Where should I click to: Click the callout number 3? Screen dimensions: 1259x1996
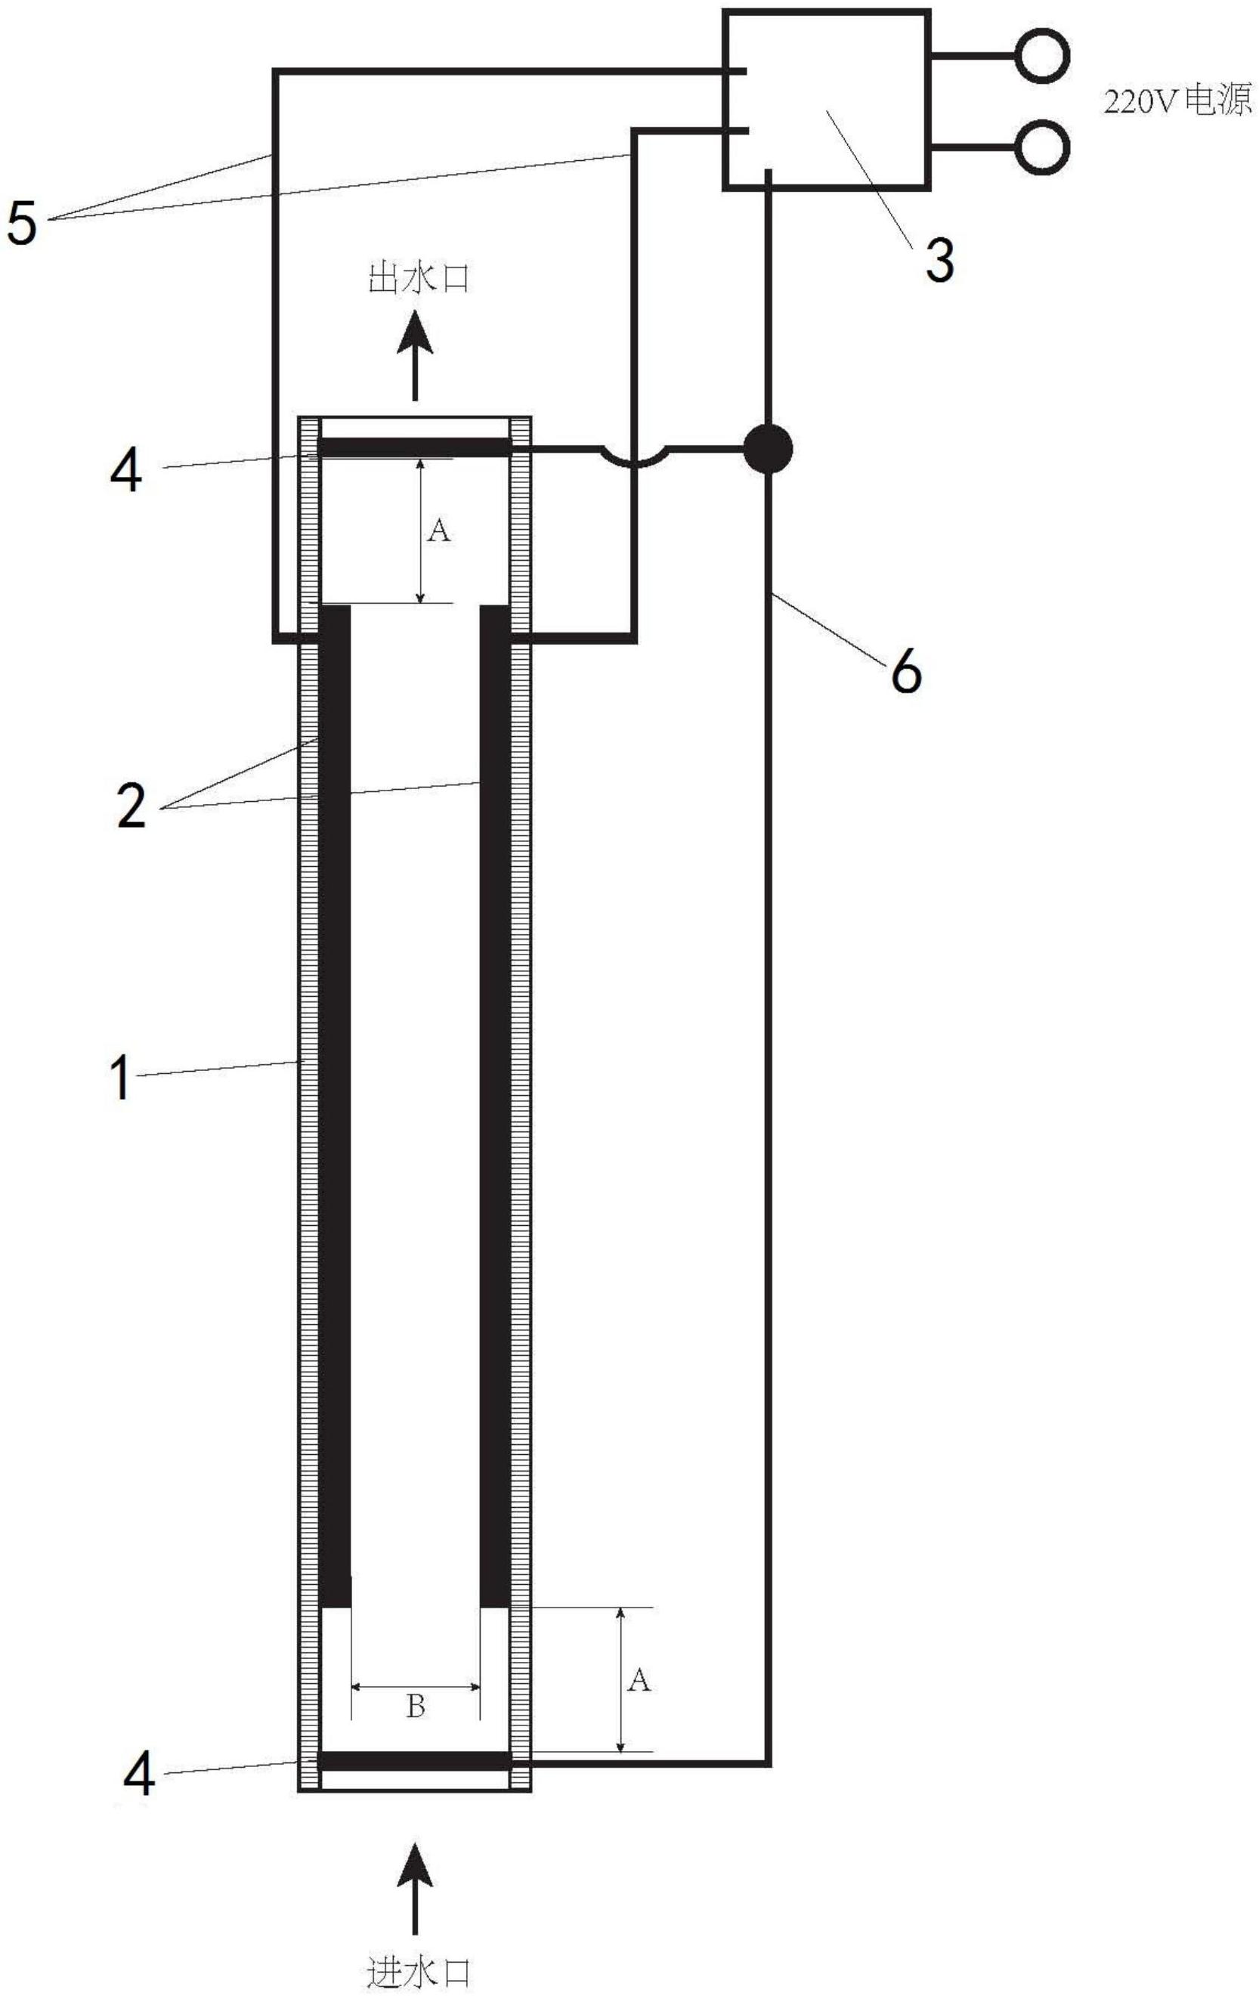[x=939, y=260]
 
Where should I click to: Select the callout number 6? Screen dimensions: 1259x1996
[x=906, y=671]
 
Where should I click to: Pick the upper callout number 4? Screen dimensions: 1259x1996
[x=126, y=471]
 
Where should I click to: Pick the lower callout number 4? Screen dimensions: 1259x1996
[x=138, y=1775]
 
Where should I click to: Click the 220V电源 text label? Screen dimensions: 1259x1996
[x=1177, y=102]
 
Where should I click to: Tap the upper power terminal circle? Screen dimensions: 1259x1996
[x=1042, y=55]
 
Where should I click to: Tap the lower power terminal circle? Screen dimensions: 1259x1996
[x=1042, y=147]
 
